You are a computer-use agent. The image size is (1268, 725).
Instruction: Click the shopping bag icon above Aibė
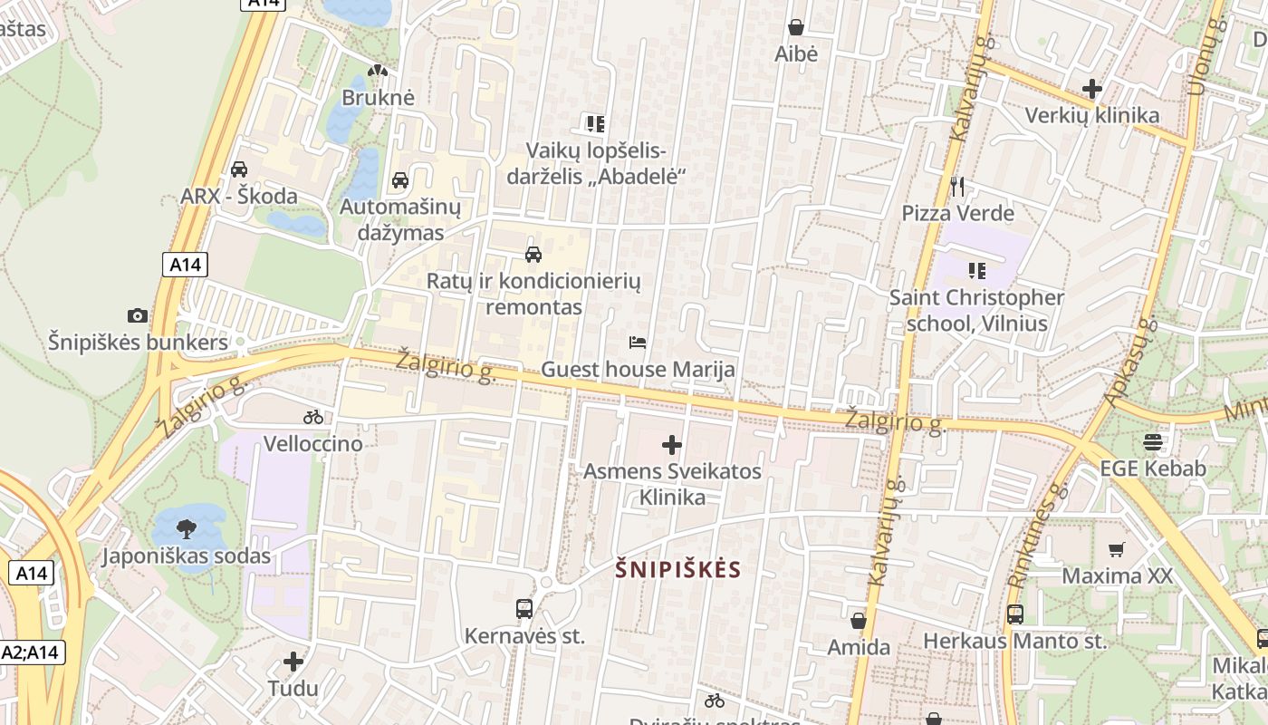796,28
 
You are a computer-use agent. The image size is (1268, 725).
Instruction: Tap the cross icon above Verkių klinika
1091,89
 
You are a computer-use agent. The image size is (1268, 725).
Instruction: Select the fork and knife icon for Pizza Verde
957,187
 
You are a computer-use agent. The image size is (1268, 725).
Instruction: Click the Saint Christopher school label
976,310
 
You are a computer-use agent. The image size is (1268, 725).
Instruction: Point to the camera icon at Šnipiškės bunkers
138,316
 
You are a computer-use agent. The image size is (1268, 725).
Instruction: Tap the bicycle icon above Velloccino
313,417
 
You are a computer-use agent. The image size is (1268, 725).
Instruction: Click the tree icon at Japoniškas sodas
187,528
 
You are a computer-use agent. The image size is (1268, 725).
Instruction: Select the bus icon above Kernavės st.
524,609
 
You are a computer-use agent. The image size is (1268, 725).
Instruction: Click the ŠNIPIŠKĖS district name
678,570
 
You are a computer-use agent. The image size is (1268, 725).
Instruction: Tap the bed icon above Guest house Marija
638,343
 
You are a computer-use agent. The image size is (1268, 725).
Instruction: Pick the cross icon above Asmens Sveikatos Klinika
672,445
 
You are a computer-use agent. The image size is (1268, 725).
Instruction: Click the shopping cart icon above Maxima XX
1117,549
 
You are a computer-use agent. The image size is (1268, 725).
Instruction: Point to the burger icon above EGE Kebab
1153,442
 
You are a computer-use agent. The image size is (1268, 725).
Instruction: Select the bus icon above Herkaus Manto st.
1015,614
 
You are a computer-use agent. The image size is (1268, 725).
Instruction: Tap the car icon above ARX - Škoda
239,169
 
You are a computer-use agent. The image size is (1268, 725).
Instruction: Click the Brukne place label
378,97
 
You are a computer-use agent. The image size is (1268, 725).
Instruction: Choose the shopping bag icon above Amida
859,621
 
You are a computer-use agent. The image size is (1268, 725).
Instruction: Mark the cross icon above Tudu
293,662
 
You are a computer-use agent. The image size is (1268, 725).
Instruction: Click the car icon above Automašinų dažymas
400,180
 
